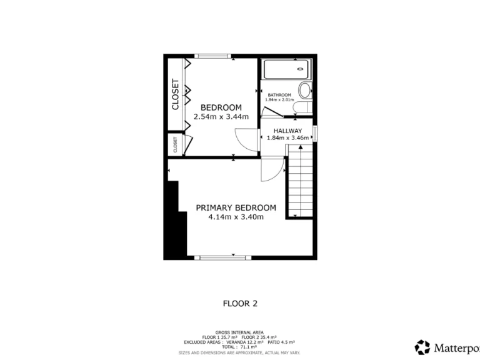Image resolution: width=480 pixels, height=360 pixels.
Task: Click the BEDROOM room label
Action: coord(221,107)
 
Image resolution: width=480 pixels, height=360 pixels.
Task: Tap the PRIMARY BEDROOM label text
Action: coord(236,207)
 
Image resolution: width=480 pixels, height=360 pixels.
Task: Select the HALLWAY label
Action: coord(287,131)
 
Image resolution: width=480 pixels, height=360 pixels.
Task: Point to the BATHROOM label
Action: coord(279,95)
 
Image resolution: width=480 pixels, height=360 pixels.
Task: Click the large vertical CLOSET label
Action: coord(176,94)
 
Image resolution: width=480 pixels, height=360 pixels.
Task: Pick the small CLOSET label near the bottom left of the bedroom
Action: coord(176,145)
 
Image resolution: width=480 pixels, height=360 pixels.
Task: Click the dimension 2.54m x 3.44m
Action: coord(221,117)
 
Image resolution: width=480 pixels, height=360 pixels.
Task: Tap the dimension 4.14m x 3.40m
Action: coord(236,217)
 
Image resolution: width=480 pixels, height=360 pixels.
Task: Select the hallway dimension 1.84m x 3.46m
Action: coord(287,137)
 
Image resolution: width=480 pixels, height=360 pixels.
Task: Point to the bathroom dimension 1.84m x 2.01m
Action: coord(279,100)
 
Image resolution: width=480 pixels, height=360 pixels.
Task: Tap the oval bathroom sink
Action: coord(305,90)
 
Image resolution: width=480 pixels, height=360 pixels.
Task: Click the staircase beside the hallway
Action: coord(299,181)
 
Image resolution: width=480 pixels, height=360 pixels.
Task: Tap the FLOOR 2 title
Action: coord(240,304)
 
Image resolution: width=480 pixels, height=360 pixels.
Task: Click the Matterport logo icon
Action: coord(422,347)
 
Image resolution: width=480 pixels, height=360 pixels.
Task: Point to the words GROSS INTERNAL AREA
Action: coord(239,332)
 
